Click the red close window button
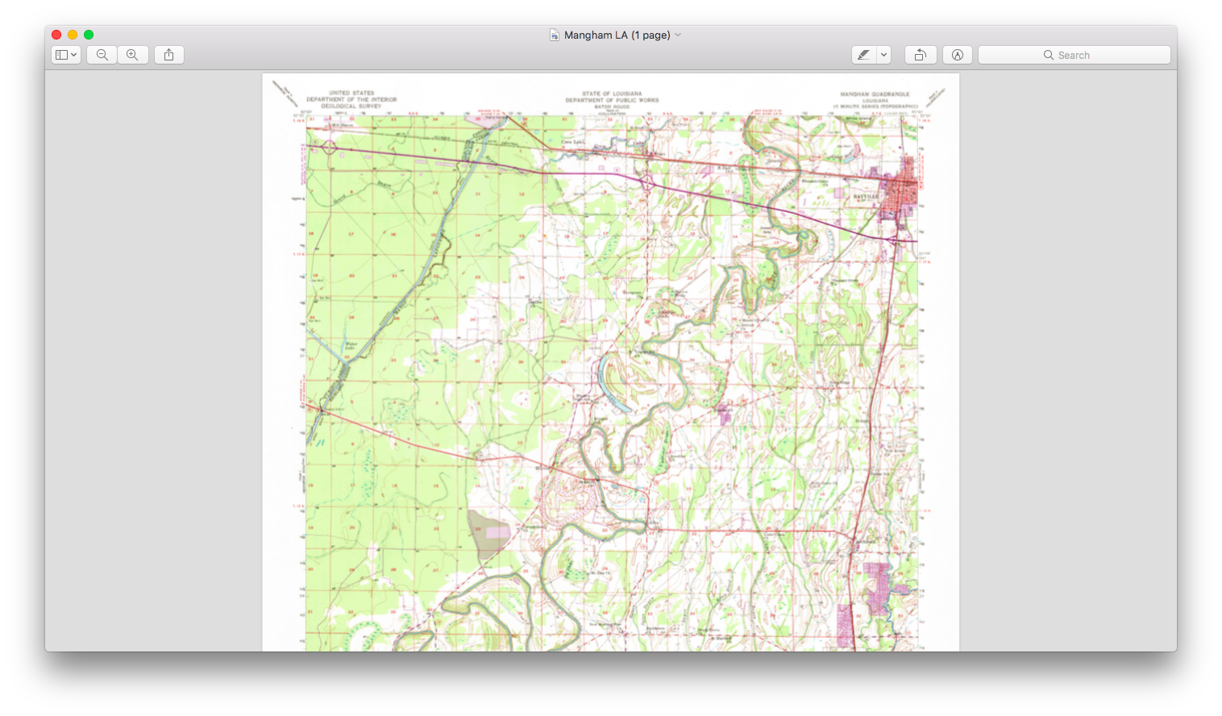tap(56, 35)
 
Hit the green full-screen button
tap(89, 35)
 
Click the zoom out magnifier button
tap(102, 55)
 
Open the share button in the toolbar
tap(168, 55)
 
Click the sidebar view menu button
tap(65, 55)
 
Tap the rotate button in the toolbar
tap(920, 55)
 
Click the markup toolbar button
tap(957, 55)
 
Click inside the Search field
tap(1074, 55)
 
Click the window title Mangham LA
tap(616, 35)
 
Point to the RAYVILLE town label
tap(865, 196)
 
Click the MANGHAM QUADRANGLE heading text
tap(875, 94)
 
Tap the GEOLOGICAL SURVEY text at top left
tap(351, 106)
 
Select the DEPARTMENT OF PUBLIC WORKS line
tap(612, 100)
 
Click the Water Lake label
tap(351, 346)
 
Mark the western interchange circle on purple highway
tap(329, 148)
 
